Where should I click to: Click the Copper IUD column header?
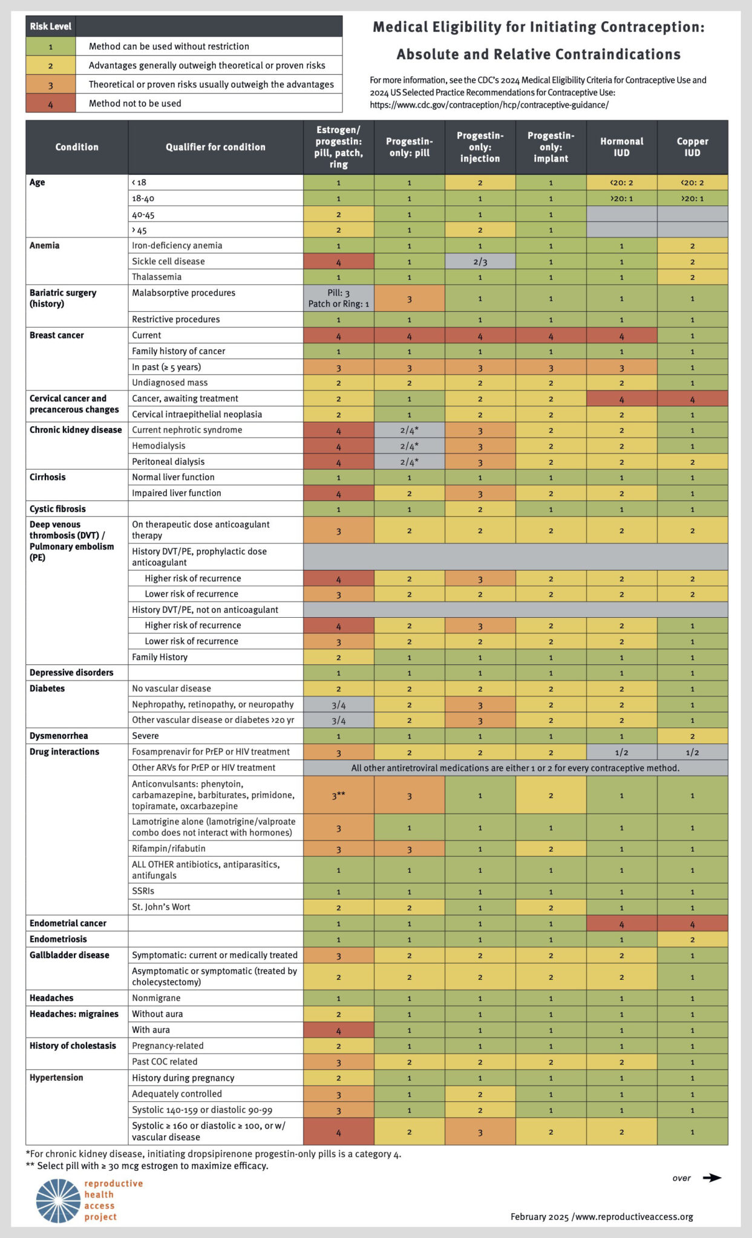pyautogui.click(x=692, y=147)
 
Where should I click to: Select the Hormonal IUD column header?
pyautogui.click(x=621, y=147)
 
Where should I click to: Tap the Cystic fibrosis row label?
pyautogui.click(x=57, y=509)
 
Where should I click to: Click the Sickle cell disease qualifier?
pyautogui.click(x=168, y=261)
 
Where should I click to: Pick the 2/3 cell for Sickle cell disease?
pyautogui.click(x=480, y=261)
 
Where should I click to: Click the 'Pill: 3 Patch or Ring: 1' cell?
pyautogui.click(x=338, y=298)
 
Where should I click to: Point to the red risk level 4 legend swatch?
pyautogui.click(x=51, y=103)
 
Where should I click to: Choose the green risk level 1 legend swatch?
pyautogui.click(x=51, y=47)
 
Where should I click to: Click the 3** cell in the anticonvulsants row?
pyautogui.click(x=338, y=796)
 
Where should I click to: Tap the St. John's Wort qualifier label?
pyautogui.click(x=161, y=907)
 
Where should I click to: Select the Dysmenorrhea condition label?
pyautogui.click(x=59, y=736)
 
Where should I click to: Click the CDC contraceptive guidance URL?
pyautogui.click(x=489, y=105)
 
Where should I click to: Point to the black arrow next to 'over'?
pyautogui.click(x=712, y=1178)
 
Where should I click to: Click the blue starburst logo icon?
pyautogui.click(x=58, y=1201)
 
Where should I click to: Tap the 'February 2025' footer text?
pyautogui.click(x=539, y=1217)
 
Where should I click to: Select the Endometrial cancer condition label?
pyautogui.click(x=68, y=923)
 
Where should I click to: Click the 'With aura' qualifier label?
pyautogui.click(x=151, y=1029)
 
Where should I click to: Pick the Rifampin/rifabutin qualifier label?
pyautogui.click(x=168, y=849)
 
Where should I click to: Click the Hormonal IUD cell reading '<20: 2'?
pyautogui.click(x=621, y=183)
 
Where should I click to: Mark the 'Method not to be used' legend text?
pyautogui.click(x=135, y=103)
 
